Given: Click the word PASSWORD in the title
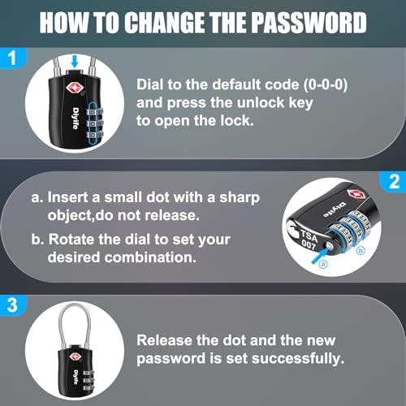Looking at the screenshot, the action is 309,23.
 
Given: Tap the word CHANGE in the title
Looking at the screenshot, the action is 164,23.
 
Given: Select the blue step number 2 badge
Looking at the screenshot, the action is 394,181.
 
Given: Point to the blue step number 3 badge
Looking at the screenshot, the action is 12,305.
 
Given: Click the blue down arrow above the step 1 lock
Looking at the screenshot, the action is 75,61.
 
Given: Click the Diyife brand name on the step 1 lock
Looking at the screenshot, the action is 76,118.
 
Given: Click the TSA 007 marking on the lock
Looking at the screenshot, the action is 309,240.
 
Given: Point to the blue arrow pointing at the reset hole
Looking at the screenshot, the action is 321,255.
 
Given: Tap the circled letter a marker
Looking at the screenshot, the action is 323,264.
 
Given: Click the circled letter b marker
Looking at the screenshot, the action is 361,251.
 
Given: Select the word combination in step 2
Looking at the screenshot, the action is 150,257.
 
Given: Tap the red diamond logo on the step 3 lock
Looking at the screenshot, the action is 76,356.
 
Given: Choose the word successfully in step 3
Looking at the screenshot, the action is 298,359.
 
